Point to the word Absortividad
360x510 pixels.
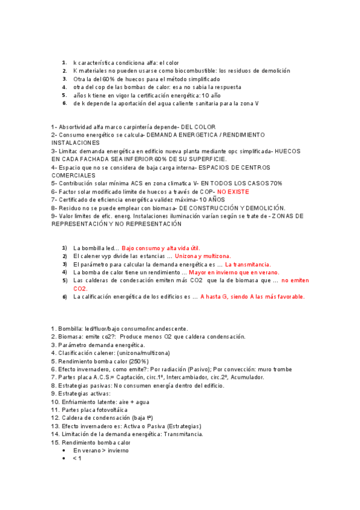(78, 127)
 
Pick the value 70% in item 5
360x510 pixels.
(276, 183)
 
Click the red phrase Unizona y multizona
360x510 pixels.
(166, 256)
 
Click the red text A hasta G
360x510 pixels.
(217, 296)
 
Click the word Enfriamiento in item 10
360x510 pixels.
(81, 401)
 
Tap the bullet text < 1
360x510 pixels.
(77, 458)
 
